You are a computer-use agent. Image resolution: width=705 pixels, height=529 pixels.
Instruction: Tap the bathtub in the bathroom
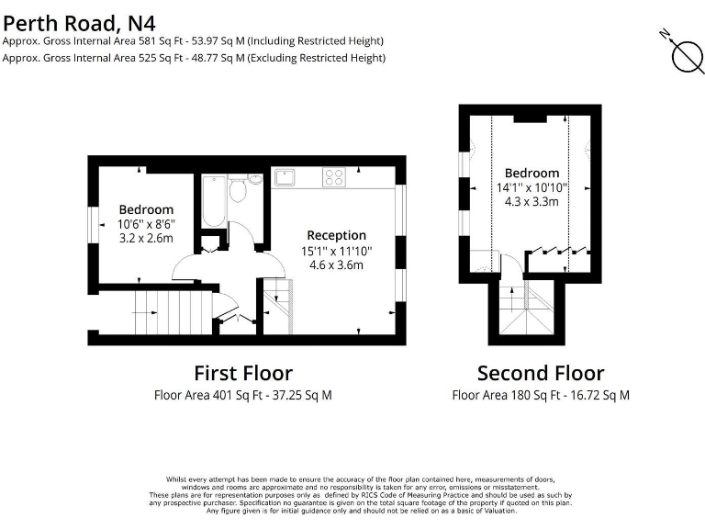pyautogui.click(x=213, y=200)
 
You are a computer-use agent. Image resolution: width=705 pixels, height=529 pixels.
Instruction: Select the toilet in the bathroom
pyautogui.click(x=238, y=190)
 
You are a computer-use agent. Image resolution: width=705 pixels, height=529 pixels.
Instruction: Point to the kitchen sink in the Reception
pyautogui.click(x=284, y=177)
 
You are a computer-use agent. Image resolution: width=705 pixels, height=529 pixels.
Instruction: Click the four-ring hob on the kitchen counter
pyautogui.click(x=334, y=178)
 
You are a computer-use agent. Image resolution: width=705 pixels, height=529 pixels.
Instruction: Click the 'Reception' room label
pyautogui.click(x=336, y=235)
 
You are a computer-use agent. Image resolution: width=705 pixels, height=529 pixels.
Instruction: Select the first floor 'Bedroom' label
pyautogui.click(x=146, y=209)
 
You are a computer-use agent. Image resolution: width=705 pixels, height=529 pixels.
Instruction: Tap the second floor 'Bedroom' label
pyautogui.click(x=532, y=173)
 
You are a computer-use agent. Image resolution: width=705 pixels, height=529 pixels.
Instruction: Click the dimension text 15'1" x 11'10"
pyautogui.click(x=336, y=251)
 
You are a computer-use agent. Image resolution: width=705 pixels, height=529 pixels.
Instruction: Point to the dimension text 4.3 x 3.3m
pyautogui.click(x=532, y=202)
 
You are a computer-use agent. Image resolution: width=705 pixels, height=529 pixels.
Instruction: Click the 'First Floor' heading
pyautogui.click(x=243, y=373)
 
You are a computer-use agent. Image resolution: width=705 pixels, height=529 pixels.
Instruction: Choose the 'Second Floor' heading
pyautogui.click(x=541, y=373)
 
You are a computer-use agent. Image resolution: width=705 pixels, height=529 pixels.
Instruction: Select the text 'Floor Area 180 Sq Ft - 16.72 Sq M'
pyautogui.click(x=541, y=396)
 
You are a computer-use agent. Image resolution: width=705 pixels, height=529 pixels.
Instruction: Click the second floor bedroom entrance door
pyautogui.click(x=512, y=265)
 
